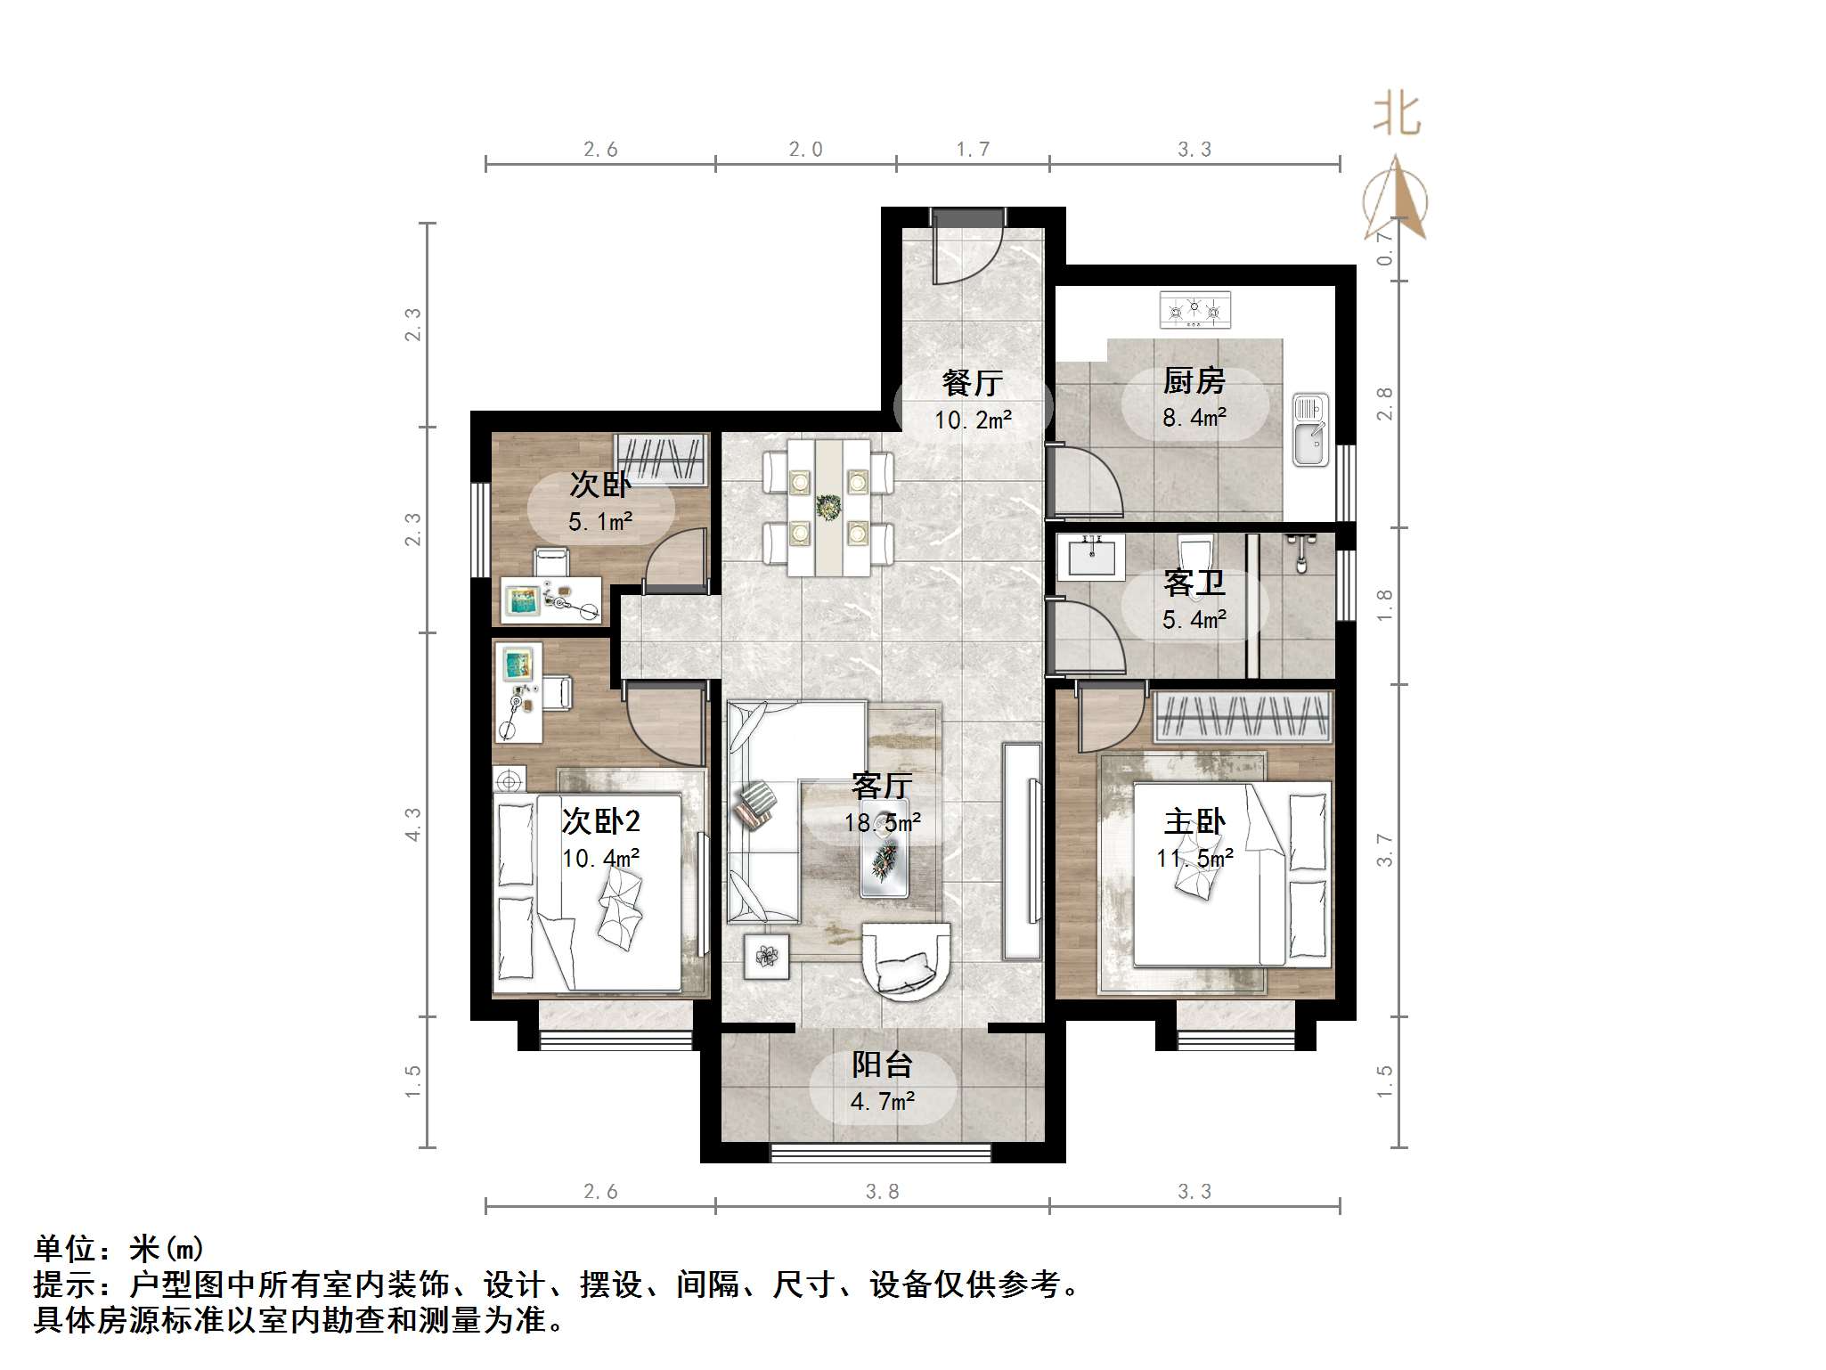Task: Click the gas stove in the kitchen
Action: click(x=1194, y=309)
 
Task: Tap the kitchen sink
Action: click(x=1310, y=430)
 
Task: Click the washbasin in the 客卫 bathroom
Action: click(x=1091, y=558)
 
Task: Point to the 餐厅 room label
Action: click(x=973, y=383)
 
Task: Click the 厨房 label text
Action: click(x=1194, y=381)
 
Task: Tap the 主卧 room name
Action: click(x=1194, y=821)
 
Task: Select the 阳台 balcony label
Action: click(x=882, y=1064)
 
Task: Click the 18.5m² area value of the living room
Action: click(x=882, y=822)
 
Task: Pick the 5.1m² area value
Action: click(x=600, y=521)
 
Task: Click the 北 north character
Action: click(x=1397, y=115)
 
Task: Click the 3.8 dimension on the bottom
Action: click(x=882, y=1191)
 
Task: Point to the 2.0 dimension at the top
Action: click(x=805, y=150)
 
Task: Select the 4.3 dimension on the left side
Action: click(x=412, y=824)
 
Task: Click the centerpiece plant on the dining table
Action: click(x=828, y=508)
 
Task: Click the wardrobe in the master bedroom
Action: click(x=1243, y=716)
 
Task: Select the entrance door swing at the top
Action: click(x=967, y=249)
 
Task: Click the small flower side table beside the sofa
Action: click(x=766, y=957)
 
